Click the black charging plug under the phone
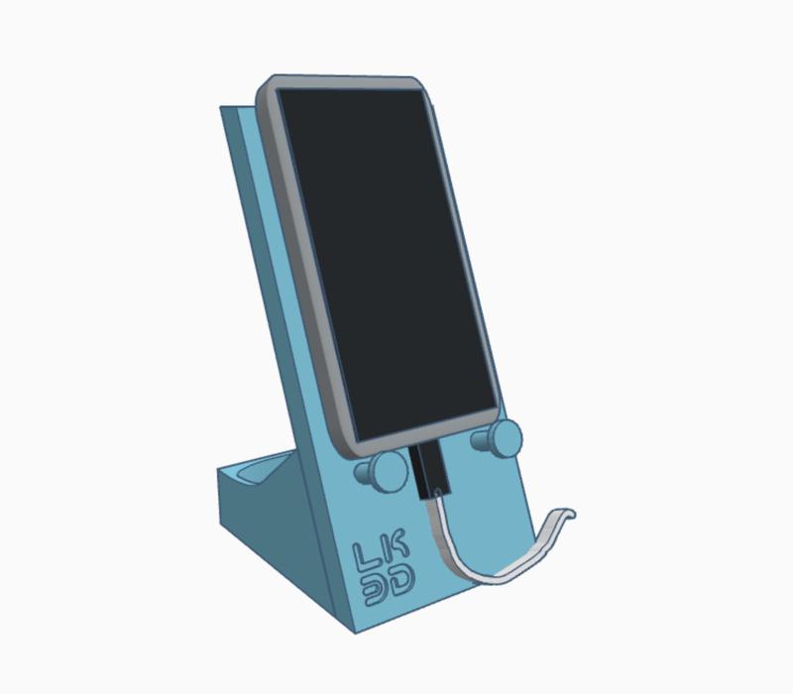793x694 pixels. click(428, 470)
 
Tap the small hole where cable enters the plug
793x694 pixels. click(437, 491)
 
